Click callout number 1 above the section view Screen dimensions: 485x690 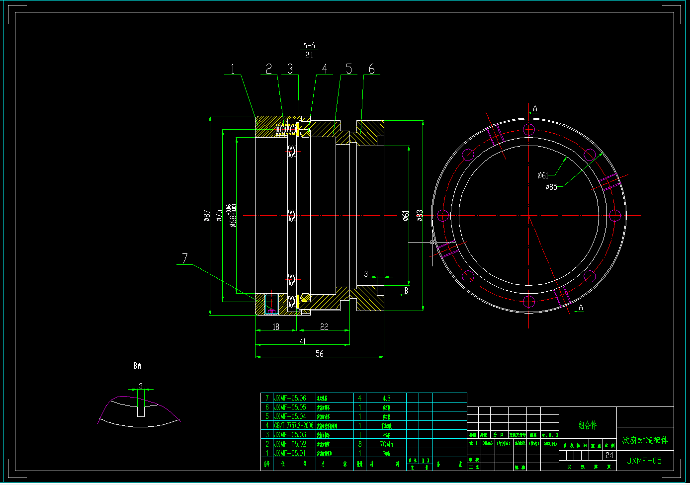point(232,69)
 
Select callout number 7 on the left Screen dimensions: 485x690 point(185,258)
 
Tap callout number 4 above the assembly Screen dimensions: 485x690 point(325,69)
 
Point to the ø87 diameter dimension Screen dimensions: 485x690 point(207,216)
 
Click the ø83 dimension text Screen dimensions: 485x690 point(420,215)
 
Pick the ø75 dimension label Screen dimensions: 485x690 point(219,216)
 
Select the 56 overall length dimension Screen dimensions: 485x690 point(320,354)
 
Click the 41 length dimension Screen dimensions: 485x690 point(303,341)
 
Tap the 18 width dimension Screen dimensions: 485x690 point(276,327)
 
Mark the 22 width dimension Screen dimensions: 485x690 point(324,327)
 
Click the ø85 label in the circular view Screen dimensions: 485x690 point(551,187)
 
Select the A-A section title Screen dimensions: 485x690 point(309,46)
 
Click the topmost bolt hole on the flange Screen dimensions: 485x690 point(528,130)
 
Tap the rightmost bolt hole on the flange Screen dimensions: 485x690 point(615,216)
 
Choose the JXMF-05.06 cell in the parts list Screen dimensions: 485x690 point(290,398)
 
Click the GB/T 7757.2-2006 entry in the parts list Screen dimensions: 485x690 point(293,426)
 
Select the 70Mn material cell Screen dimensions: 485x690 point(386,444)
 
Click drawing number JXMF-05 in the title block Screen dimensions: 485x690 point(644,461)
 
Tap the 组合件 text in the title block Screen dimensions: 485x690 point(588,425)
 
